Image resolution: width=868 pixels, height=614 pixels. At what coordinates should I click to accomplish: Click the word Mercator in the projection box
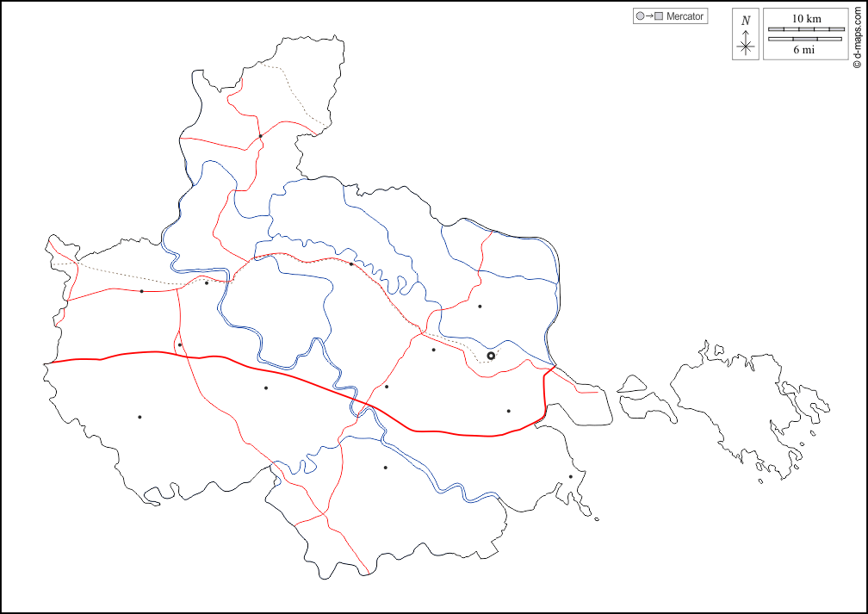pos(685,16)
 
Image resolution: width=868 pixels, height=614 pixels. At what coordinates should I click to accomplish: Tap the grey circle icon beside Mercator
pos(639,16)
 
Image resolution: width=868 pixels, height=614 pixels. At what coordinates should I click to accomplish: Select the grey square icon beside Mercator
pos(659,16)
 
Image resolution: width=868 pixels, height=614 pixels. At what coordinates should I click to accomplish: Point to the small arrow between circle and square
pos(648,16)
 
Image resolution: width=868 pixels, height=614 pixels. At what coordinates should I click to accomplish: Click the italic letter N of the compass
pos(746,20)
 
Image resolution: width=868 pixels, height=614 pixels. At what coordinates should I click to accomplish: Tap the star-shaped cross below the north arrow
pos(746,46)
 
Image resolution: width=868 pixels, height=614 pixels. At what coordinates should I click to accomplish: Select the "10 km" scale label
pos(806,18)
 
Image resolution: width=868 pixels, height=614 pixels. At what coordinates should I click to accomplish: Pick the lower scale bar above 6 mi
pos(806,39)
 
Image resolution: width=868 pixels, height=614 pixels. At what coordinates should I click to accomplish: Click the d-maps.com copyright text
pos(857,34)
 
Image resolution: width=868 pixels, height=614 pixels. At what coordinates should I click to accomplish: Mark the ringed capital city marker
pos(491,356)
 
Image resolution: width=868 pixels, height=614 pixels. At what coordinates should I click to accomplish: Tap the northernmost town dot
pos(260,135)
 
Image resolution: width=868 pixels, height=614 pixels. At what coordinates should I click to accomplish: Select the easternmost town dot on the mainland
pos(570,476)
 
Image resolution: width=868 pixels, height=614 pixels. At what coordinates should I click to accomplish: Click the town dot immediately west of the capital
pos(433,350)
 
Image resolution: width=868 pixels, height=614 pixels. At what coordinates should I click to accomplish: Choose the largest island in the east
pos(741,396)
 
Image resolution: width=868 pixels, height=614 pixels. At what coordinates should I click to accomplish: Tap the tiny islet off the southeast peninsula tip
pos(597,518)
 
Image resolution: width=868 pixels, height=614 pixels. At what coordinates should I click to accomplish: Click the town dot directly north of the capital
pos(480,307)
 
